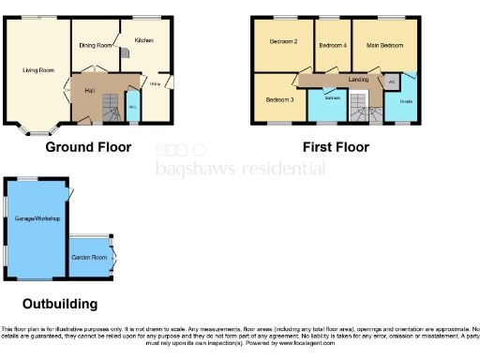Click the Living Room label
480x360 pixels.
click(38, 69)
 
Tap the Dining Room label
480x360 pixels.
click(96, 45)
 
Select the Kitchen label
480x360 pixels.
click(143, 40)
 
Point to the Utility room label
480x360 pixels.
click(155, 85)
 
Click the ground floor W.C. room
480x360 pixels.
click(132, 106)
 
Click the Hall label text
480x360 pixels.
click(89, 90)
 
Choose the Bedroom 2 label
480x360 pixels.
click(283, 41)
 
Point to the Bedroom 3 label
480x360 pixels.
click(279, 99)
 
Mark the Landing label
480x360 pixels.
click(358, 80)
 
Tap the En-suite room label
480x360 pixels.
click(406, 100)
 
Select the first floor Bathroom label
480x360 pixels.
click(332, 97)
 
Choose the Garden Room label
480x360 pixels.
click(90, 256)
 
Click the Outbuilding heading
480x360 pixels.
click(60, 305)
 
